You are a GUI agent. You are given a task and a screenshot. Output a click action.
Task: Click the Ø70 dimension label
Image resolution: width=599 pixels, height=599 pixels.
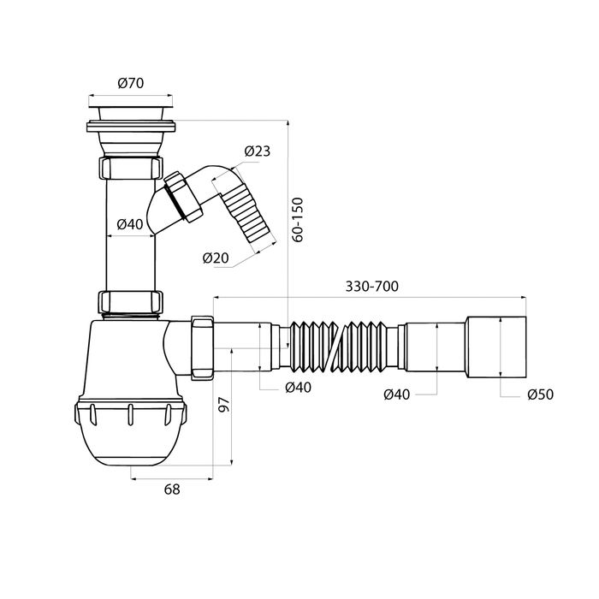131,83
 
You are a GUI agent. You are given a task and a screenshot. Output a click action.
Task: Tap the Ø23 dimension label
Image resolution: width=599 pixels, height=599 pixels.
258,151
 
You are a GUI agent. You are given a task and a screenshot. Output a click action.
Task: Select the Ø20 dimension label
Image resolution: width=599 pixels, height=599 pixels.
216,258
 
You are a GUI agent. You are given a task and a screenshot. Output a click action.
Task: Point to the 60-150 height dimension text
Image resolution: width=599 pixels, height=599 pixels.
297,219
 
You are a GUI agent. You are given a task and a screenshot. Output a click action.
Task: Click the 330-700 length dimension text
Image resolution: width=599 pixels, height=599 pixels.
371,286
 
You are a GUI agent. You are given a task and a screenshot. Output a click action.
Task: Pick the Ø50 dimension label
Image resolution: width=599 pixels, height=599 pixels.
541,394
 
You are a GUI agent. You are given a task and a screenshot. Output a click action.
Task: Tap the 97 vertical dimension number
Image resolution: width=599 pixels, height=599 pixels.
224,405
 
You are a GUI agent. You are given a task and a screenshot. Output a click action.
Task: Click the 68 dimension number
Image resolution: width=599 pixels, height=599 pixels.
172,489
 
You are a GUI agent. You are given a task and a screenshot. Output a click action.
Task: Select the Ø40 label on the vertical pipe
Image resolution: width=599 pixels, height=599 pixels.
130,224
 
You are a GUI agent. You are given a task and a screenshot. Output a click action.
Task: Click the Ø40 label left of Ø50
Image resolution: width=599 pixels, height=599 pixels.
396,394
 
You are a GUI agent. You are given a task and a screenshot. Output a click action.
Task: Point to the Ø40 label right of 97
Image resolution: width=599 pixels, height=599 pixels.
299,388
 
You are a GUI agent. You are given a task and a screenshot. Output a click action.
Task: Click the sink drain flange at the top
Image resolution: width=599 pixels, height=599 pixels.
131,126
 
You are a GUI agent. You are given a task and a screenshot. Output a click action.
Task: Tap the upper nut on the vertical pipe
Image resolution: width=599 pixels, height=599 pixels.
131,167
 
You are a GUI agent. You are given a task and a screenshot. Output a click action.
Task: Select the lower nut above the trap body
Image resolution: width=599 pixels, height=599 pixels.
131,302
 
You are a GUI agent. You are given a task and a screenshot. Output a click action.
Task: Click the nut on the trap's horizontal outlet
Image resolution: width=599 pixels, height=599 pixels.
202,347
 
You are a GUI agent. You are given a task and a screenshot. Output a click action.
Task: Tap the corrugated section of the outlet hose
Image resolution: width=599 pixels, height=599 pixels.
339,347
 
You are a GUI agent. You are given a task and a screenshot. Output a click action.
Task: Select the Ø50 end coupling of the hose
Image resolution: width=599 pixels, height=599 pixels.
496,347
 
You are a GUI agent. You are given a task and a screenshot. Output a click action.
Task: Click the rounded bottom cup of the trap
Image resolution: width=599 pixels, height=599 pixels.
131,431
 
